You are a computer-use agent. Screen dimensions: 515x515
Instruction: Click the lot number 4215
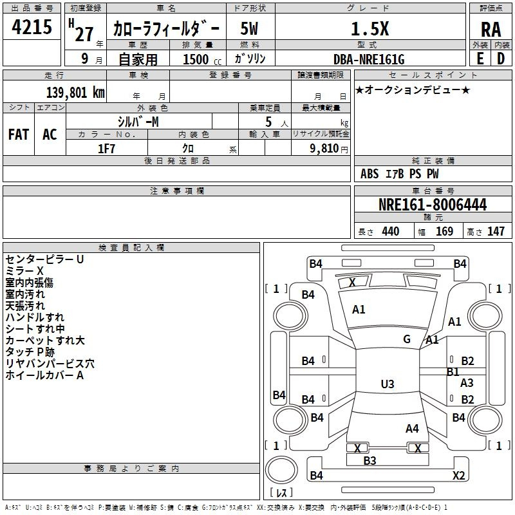point(32,28)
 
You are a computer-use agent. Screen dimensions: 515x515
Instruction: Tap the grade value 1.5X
point(370,29)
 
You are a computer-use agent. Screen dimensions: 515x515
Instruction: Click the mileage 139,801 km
point(75,93)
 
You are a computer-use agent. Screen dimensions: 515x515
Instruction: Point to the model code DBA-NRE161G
point(369,59)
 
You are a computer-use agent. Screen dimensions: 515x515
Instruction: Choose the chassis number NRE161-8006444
point(433,205)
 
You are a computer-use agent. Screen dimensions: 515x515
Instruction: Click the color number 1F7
point(106,148)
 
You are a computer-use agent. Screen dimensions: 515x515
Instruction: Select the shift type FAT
point(19,134)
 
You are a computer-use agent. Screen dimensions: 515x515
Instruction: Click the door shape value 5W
point(250,29)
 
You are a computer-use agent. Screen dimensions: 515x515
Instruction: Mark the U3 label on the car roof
point(387,384)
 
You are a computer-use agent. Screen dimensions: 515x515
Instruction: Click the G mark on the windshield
point(407,339)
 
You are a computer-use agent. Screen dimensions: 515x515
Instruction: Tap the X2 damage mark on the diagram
point(459,476)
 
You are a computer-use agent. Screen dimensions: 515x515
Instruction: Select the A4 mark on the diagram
point(412,428)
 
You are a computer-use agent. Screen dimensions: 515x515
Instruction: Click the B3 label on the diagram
point(370,460)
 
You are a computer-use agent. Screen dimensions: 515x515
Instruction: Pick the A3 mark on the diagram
point(467,383)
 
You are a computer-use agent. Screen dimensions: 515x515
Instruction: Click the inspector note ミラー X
point(24,271)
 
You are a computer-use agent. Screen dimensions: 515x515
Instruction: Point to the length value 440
point(390,232)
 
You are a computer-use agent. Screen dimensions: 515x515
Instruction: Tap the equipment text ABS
point(370,174)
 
